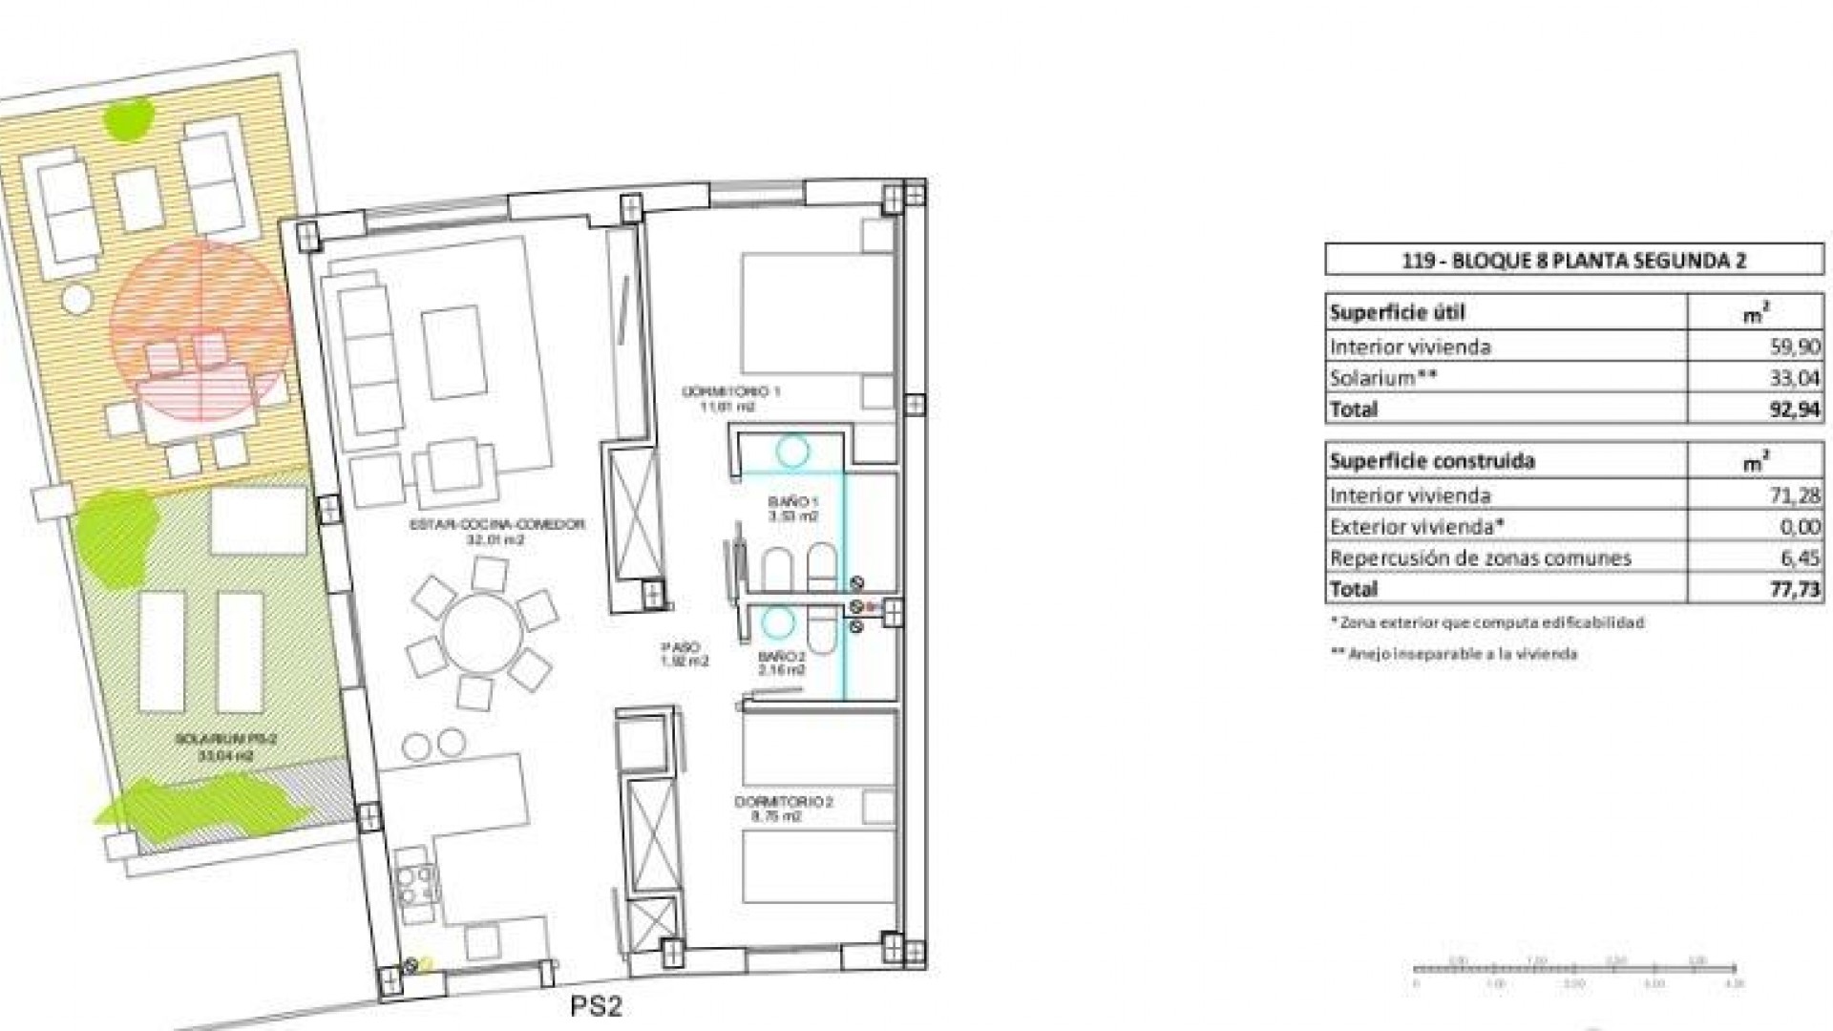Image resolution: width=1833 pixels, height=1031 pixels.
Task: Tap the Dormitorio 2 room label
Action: tap(783, 809)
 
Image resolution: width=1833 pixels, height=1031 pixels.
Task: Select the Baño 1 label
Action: tap(793, 508)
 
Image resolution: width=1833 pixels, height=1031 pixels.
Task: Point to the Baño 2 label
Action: tap(782, 663)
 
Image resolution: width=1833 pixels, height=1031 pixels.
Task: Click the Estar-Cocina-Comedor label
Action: tap(496, 532)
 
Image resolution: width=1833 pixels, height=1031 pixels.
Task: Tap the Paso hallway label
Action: tap(685, 653)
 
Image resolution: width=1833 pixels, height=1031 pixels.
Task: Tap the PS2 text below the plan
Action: tap(597, 1006)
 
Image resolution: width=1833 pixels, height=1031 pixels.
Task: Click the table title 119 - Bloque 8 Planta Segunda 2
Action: tap(1573, 260)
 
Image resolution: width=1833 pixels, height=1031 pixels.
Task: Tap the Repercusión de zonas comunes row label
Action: tap(1480, 558)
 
